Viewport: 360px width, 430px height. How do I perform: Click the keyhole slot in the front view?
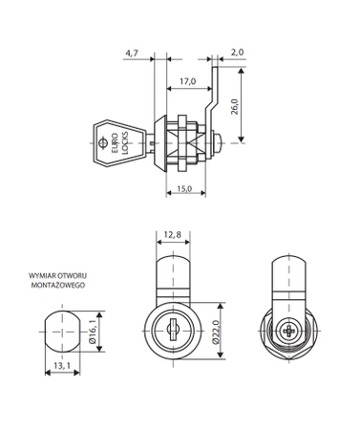pyautogui.click(x=173, y=330)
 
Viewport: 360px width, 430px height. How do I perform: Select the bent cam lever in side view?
pyautogui.click(x=215, y=96)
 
